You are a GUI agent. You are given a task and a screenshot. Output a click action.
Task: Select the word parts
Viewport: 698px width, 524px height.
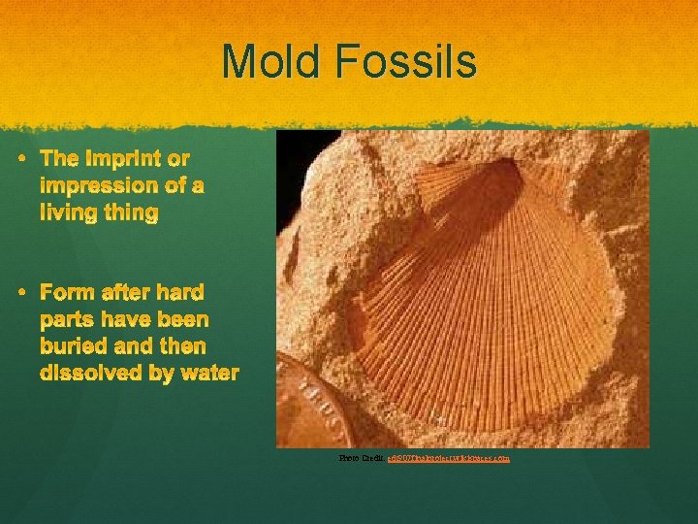71,319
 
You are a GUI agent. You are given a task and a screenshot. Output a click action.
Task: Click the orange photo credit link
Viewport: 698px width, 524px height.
448,456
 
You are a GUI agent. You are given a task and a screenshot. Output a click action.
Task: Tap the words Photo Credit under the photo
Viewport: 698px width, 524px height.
362,456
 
